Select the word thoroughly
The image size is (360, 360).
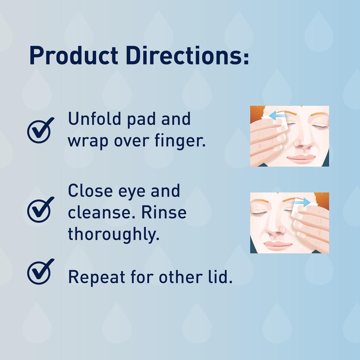point(113,234)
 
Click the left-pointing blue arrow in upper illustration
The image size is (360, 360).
point(278,116)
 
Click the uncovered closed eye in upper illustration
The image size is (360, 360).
point(318,127)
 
